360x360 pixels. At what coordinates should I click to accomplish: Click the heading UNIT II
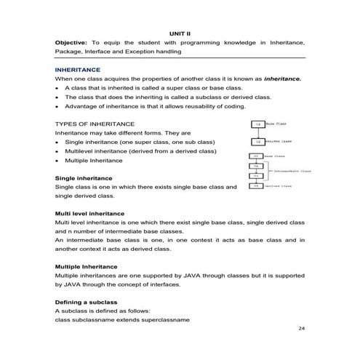(x=179, y=33)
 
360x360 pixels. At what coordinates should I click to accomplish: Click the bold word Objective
(x=71, y=44)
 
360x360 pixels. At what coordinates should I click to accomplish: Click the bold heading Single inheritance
(x=84, y=178)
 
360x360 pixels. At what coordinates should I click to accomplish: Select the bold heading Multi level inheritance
(x=94, y=213)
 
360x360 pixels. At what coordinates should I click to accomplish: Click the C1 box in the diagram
(x=257, y=125)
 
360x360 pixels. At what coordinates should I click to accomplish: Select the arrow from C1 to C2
(x=257, y=133)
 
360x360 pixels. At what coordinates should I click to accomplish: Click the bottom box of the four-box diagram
(x=255, y=187)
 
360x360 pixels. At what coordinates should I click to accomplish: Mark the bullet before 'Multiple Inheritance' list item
(x=57, y=161)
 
